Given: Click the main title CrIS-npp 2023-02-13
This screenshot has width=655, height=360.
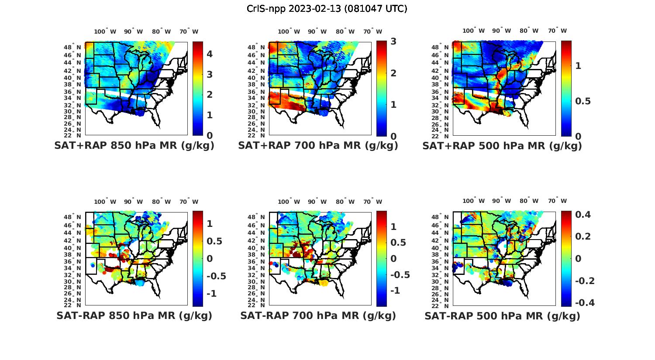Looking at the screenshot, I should point(327,9).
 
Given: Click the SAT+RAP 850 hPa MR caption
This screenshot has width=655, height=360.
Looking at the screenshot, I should point(134,146).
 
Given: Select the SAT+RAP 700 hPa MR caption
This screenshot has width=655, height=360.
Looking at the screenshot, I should point(318,146).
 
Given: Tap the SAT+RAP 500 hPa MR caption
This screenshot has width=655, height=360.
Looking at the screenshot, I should point(502,146).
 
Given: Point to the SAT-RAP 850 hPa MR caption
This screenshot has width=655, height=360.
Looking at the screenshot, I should point(134,315).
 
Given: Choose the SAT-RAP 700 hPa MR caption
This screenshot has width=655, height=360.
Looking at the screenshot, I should point(318,315).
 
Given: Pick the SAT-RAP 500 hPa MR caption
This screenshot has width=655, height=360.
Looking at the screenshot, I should point(502,315).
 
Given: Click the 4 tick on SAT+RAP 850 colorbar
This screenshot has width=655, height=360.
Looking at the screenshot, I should point(210,54).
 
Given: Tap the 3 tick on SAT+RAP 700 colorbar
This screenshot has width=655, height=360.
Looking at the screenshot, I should point(393,41).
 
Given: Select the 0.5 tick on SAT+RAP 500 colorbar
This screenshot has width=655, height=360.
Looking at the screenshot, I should point(583,101).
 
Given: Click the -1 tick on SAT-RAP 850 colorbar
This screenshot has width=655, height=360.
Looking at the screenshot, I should point(211,293).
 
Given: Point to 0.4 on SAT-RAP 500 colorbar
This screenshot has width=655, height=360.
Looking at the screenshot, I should point(583,214).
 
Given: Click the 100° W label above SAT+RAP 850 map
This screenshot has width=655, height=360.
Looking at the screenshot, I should point(105,31).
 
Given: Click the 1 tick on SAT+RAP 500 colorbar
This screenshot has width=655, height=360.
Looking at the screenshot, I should point(578,65).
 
